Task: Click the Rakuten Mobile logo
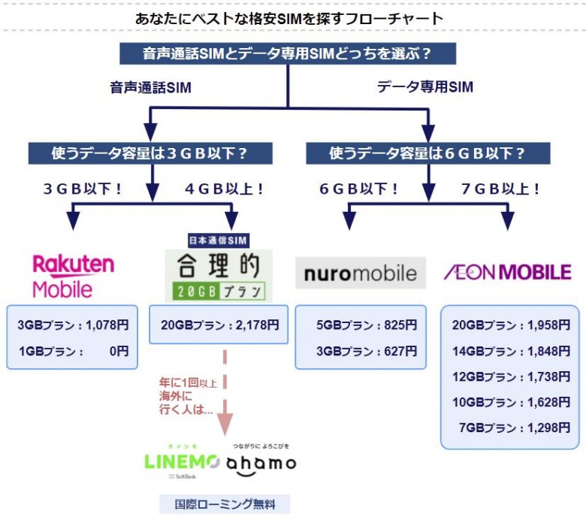point(73,275)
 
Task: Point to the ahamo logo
point(261,463)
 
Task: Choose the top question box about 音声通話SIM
point(288,54)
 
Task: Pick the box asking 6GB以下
point(427,153)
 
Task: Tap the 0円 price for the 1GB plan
point(116,350)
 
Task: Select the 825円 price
point(400,325)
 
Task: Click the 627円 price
point(400,350)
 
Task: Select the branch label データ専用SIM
point(424,87)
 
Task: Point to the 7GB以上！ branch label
point(500,189)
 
